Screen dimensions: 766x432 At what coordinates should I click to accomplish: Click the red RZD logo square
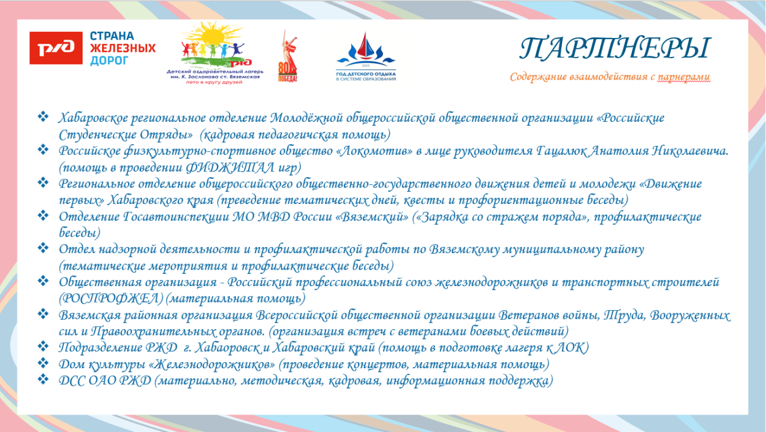[x=56, y=48]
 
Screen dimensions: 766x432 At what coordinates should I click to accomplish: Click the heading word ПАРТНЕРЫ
[x=615, y=48]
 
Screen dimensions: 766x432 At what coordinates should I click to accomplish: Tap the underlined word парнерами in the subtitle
[x=684, y=77]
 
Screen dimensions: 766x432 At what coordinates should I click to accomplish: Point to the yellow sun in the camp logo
[x=213, y=36]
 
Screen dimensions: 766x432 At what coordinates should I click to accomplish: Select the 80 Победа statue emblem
[x=288, y=56]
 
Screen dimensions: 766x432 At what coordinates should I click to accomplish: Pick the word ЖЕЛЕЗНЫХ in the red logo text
[x=123, y=48]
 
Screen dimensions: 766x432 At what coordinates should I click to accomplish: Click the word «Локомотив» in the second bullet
[x=375, y=151]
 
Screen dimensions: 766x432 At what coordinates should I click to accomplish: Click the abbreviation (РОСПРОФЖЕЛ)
[x=111, y=298]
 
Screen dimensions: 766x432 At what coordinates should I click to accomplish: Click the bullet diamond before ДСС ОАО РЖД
[x=44, y=380]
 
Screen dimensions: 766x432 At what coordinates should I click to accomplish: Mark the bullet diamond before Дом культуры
[x=44, y=363]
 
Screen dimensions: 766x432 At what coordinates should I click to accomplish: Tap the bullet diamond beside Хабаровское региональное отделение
[x=44, y=116]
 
